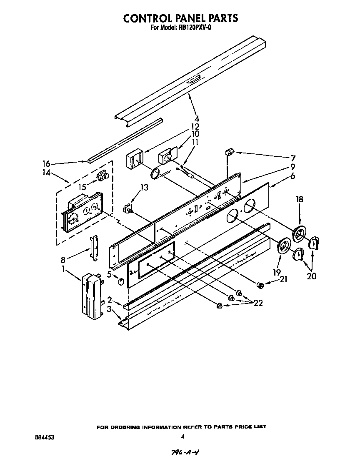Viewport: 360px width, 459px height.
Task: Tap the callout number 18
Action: click(x=299, y=200)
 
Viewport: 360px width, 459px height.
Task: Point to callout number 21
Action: click(x=284, y=279)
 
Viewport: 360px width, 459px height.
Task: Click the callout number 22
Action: click(x=258, y=303)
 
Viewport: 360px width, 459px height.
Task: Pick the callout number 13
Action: click(x=144, y=188)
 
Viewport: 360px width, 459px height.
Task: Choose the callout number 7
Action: click(x=293, y=158)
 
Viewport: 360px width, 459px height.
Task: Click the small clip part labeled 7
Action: click(x=230, y=152)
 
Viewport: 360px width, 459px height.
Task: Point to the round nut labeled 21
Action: click(x=260, y=285)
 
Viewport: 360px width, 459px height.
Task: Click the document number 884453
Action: click(x=45, y=437)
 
